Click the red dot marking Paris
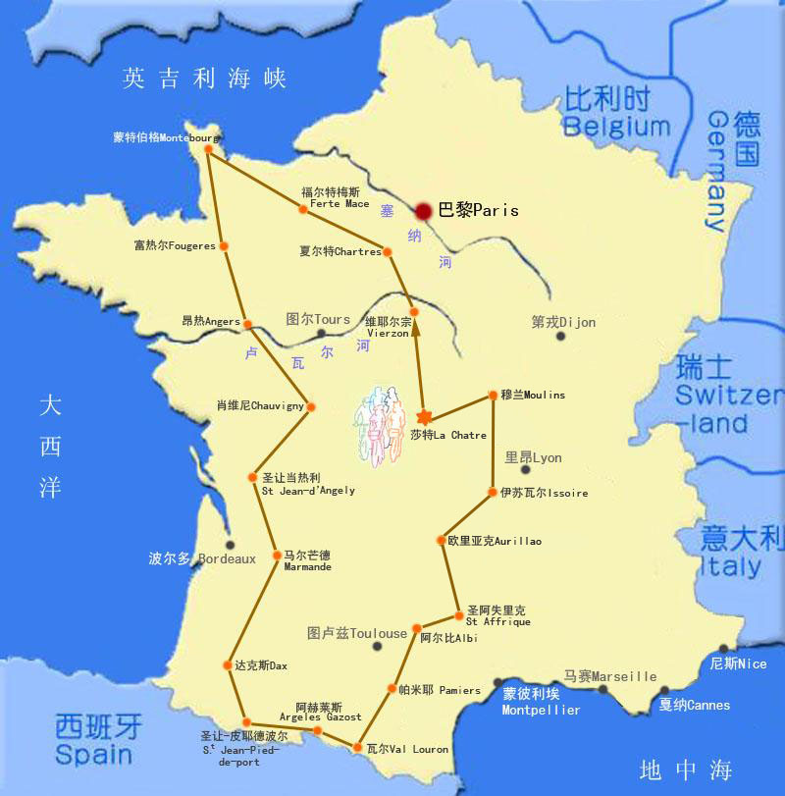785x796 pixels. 424,211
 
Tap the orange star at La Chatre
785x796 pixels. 425,417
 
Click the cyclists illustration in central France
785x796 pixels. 382,422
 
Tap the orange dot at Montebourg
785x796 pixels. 208,149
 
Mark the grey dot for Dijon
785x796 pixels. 560,336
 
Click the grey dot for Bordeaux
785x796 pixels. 231,545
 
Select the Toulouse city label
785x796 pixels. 357,634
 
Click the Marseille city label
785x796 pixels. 609,676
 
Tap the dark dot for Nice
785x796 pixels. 724,649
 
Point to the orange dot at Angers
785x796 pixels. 248,324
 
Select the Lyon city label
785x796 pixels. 534,457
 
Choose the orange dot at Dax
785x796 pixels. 228,665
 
